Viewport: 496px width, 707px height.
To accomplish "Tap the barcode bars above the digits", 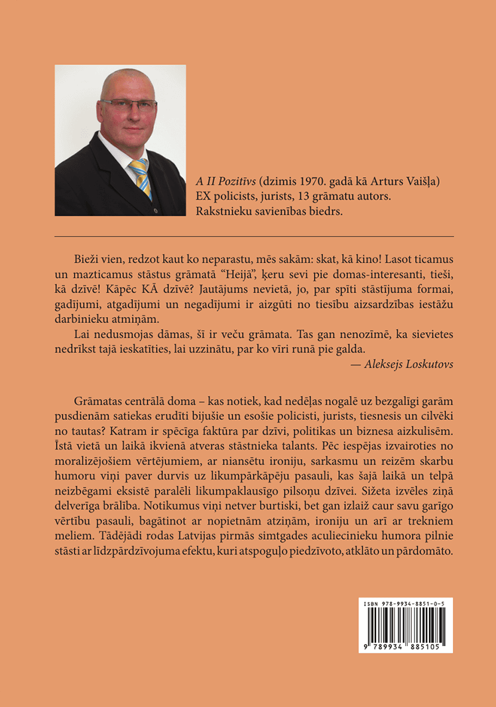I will click(x=405, y=624).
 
